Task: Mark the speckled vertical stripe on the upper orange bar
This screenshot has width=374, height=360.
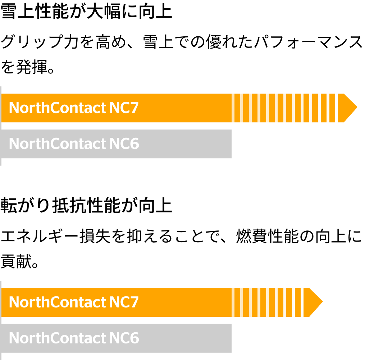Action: click(337, 108)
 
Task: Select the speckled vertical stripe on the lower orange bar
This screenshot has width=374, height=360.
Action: click(302, 302)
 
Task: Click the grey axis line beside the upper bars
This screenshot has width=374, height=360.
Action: click(1, 126)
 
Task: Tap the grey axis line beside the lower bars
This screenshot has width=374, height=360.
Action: click(1, 320)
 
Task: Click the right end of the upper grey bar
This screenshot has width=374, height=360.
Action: click(230, 144)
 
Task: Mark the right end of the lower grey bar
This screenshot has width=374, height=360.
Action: click(230, 338)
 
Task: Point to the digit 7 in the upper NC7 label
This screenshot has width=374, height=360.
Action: click(134, 108)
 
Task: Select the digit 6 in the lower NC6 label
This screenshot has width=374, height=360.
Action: click(134, 338)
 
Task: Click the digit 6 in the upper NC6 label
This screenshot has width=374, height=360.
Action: click(134, 144)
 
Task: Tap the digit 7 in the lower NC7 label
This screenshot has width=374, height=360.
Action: click(134, 302)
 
